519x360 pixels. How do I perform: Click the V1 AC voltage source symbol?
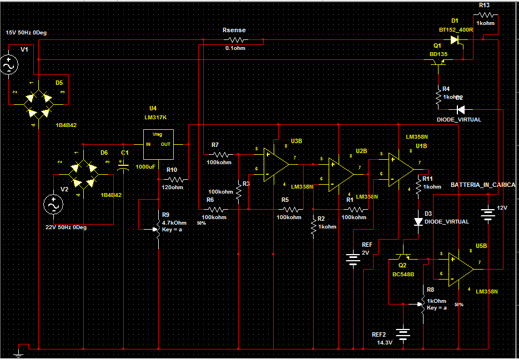pyautogui.click(x=9, y=65)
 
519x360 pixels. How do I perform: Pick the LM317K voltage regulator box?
pyautogui.click(x=158, y=144)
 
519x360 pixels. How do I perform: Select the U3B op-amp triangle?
pyautogui.click(x=276, y=161)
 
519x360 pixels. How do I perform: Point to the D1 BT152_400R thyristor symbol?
pyautogui.click(x=456, y=40)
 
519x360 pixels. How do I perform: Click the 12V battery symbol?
pyautogui.click(x=487, y=213)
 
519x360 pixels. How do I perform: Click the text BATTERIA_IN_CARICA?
pyautogui.click(x=482, y=185)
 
